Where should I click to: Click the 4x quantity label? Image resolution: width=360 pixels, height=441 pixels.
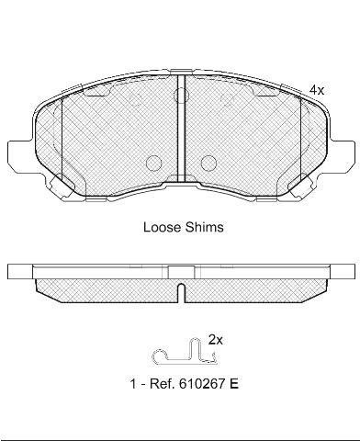coord(316,90)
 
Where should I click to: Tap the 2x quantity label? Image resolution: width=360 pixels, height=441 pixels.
coord(216,340)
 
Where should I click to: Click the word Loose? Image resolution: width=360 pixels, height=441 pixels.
coord(163,227)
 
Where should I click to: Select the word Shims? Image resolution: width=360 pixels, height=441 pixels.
coord(204,227)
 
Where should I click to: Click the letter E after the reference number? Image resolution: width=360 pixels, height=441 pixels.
coord(234,383)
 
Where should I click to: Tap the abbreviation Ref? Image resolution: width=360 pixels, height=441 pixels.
coord(163,383)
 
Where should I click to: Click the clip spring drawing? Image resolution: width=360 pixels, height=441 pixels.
coord(185,352)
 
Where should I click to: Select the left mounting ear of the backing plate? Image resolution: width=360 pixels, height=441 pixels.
coord(19,155)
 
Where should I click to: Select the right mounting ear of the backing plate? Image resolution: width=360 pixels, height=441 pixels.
coord(342,155)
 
